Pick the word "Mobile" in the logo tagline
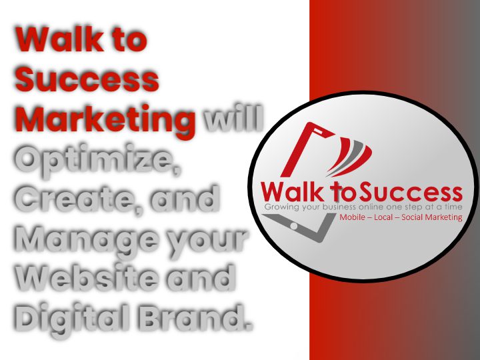(x=353, y=217)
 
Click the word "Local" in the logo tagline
(x=383, y=217)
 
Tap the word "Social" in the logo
(x=412, y=217)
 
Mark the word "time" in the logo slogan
(x=453, y=207)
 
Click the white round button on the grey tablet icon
(x=294, y=226)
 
